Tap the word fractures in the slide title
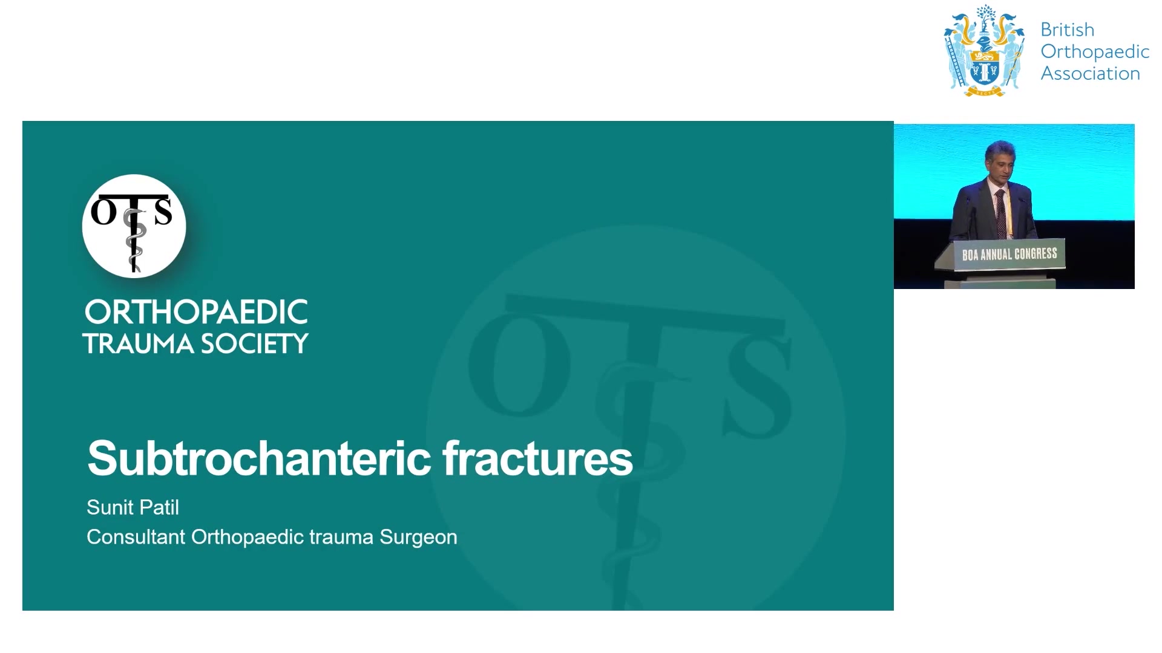pyautogui.click(x=538, y=458)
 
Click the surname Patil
pyautogui.click(x=158, y=507)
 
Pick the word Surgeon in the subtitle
pyautogui.click(x=418, y=537)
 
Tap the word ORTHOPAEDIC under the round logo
pyautogui.click(x=196, y=312)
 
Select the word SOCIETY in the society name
pyautogui.click(x=254, y=344)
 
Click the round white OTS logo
pyautogui.click(x=134, y=226)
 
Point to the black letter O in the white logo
pyautogui.click(x=103, y=212)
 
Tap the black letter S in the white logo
pyautogui.click(x=163, y=212)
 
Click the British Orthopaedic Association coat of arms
pyautogui.click(x=985, y=51)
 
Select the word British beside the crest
pyautogui.click(x=1068, y=30)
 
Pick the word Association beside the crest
pyautogui.click(x=1091, y=73)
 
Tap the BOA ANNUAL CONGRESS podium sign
pyautogui.click(x=1009, y=254)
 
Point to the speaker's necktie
pyautogui.click(x=1001, y=214)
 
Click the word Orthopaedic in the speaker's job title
pyautogui.click(x=248, y=537)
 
